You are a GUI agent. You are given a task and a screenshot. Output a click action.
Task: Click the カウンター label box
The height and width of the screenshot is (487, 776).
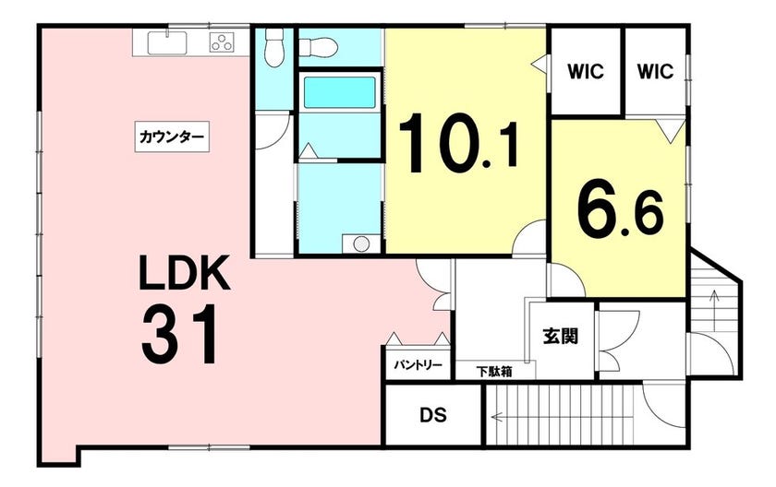tap(172, 137)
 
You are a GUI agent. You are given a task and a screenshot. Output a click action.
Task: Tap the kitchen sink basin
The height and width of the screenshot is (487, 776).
tap(167, 42)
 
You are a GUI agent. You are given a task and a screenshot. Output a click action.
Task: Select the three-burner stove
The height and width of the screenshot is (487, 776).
tap(223, 42)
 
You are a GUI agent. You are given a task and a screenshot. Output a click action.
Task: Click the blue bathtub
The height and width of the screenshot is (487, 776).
tap(339, 92)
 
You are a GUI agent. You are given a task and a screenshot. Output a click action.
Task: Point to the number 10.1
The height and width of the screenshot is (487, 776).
tap(458, 143)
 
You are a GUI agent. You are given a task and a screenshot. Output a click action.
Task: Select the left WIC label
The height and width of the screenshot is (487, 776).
tap(586, 72)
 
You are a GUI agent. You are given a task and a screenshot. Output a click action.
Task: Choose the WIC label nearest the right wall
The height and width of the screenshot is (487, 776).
tap(655, 72)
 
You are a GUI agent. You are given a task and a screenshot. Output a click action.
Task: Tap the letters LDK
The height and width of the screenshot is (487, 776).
tap(184, 273)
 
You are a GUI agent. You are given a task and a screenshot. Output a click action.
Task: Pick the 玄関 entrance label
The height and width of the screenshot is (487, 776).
tap(561, 337)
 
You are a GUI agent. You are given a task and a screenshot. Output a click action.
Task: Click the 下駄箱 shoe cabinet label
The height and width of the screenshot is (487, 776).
tap(494, 372)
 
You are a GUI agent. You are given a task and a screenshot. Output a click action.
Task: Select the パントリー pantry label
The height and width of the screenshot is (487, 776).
tap(418, 365)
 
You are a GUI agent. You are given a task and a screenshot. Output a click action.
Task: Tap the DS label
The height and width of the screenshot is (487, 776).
tap(433, 415)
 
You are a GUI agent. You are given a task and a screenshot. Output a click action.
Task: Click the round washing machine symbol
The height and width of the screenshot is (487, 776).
tap(361, 244)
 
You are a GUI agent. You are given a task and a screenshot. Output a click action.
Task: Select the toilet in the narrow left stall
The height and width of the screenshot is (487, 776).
tap(273, 48)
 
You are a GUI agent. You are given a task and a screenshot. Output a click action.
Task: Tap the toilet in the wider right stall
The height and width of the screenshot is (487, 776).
tap(319, 47)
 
